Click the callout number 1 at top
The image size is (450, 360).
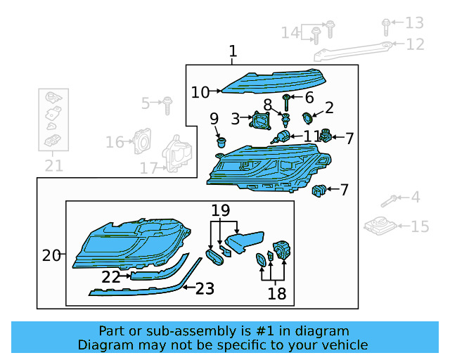[233, 51]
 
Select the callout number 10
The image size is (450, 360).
[200, 92]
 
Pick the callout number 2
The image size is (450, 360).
[328, 108]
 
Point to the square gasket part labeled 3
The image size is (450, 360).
[262, 124]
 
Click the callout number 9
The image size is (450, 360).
[214, 118]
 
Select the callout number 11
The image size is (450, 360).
[311, 135]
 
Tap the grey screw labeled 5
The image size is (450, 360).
[167, 105]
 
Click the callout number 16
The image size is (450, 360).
[115, 143]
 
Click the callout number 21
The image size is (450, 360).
[54, 166]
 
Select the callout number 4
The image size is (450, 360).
[416, 198]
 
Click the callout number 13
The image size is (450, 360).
[415, 22]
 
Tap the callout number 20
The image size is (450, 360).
[51, 255]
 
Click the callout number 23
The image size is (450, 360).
[204, 288]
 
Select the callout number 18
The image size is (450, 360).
[277, 293]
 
